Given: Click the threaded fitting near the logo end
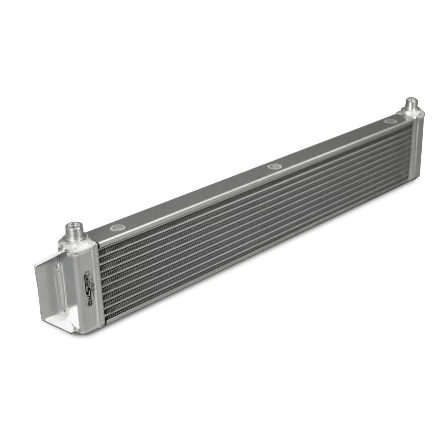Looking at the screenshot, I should click(75, 230).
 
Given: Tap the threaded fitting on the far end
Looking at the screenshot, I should click(412, 105).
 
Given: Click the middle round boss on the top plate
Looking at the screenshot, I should click(273, 166).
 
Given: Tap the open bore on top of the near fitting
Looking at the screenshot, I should click(74, 225).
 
